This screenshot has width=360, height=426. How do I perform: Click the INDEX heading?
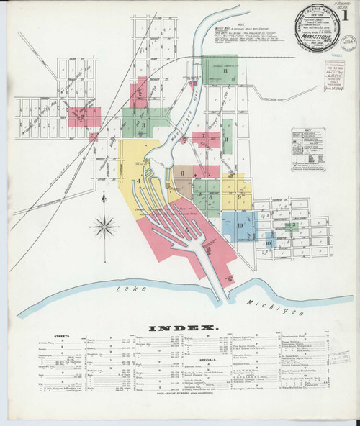[179, 328]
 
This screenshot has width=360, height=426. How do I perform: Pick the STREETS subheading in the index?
[56, 336]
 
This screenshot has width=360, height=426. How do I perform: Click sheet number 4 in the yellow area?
[136, 180]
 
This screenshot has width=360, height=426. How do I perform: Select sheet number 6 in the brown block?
[183, 173]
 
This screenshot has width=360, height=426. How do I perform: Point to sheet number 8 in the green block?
[225, 71]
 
